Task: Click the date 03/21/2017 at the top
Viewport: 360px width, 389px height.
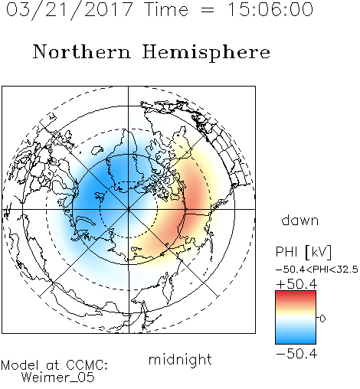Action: (70, 10)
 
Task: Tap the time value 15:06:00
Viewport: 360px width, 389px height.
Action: (270, 9)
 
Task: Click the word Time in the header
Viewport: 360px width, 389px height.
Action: (166, 9)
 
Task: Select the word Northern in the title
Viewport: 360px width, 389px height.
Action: (82, 51)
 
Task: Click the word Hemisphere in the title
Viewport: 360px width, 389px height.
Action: (206, 53)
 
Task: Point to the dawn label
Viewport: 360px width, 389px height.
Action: (300, 220)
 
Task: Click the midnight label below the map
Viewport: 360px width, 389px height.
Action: (180, 359)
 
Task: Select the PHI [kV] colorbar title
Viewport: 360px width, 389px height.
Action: (303, 252)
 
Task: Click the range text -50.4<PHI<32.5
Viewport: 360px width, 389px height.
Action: (317, 270)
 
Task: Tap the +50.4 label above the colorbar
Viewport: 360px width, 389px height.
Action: (296, 284)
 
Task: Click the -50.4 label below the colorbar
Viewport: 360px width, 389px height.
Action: (296, 354)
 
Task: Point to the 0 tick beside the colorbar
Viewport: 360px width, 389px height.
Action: (322, 319)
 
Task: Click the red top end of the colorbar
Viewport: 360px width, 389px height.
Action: (296, 293)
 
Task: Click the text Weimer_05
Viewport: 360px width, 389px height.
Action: (58, 378)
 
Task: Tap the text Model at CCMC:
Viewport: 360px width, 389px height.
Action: (54, 365)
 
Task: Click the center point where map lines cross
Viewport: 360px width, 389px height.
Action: (129, 209)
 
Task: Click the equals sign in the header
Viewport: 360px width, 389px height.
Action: (207, 11)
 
